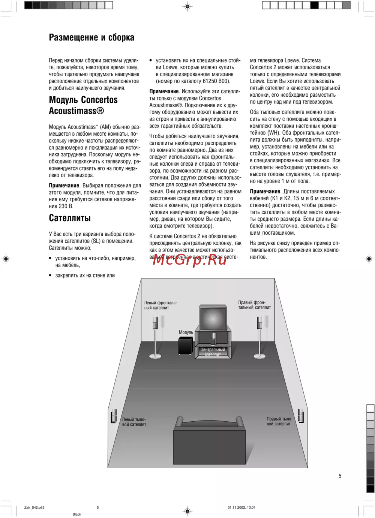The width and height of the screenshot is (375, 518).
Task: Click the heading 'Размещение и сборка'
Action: click(91, 37)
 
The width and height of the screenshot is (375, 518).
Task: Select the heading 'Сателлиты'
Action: click(70, 218)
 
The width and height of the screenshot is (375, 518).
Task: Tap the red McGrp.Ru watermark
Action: click(190, 259)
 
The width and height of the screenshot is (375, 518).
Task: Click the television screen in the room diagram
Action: click(213, 319)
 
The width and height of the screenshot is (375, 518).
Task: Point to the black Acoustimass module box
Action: click(186, 346)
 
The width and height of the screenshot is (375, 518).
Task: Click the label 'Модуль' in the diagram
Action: click(186, 332)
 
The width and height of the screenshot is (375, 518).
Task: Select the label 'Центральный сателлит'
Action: click(213, 352)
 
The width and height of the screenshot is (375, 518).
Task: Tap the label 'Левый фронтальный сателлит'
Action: click(160, 305)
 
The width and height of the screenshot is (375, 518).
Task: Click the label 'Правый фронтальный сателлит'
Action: click(254, 305)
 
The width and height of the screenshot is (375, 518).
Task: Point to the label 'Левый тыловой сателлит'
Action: click(134, 422)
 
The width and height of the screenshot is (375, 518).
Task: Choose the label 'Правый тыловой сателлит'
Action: click(279, 421)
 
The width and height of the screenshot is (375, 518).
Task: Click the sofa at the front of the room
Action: click(209, 442)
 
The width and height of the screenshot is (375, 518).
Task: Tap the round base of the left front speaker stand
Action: click(155, 356)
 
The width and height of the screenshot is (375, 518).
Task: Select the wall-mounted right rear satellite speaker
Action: click(300, 416)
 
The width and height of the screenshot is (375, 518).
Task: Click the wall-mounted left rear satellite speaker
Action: click(114, 416)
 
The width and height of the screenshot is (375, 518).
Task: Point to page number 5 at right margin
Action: click(340, 476)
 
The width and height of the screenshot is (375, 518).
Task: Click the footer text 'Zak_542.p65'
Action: click(34, 508)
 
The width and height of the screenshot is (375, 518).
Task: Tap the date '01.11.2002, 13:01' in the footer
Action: click(241, 508)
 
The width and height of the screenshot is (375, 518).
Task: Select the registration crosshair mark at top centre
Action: click(187, 6)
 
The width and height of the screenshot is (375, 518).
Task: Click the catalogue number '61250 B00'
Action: click(216, 81)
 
